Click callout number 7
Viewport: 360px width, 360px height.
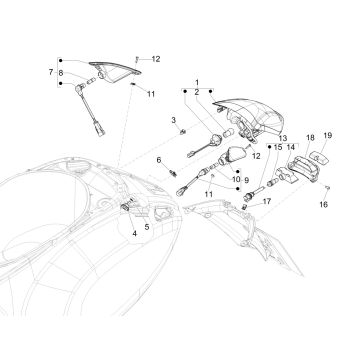(x=49, y=73)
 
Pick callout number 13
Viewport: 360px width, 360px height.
(x=255, y=137)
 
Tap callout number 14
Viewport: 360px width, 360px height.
(x=264, y=147)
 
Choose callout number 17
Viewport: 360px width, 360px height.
(x=267, y=202)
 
